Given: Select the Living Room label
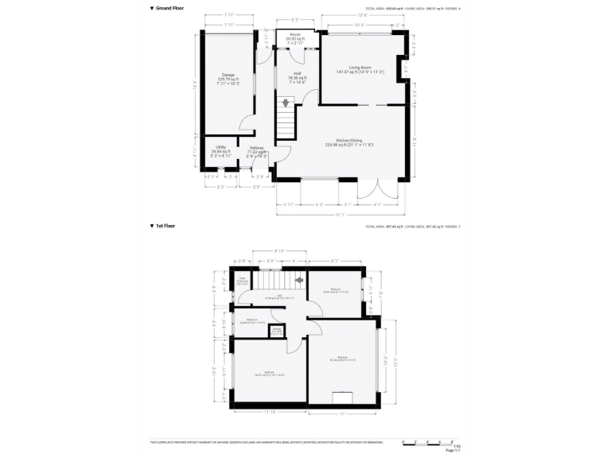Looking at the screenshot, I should [x=360, y=69].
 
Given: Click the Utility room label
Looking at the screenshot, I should [x=220, y=149].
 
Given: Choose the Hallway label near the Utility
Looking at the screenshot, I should [x=256, y=150].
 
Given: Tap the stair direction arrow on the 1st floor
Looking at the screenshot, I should [x=299, y=279].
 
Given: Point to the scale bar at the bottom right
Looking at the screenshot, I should [x=427, y=441].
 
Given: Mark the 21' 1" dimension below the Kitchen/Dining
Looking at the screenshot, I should [x=341, y=214].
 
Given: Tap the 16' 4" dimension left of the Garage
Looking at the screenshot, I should [x=196, y=83].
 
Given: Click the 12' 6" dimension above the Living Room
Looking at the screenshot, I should [x=362, y=14].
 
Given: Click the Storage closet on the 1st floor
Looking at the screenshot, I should [x=277, y=330].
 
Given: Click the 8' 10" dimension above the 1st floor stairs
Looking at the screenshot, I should [x=280, y=250].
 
